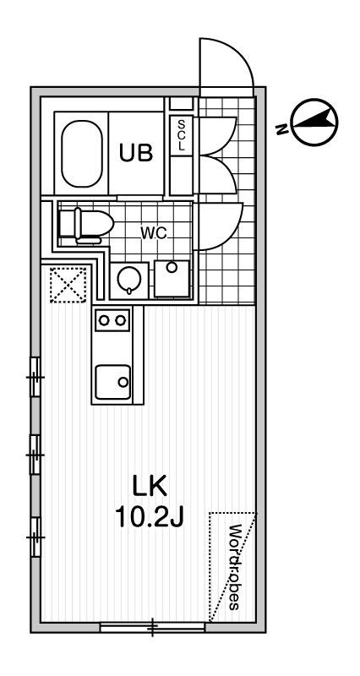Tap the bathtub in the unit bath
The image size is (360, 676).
[81, 154]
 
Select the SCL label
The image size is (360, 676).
[181, 135]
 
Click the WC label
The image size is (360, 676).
[154, 233]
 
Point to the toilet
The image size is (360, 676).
[86, 225]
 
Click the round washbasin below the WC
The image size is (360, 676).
[128, 279]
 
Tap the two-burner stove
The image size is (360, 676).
[112, 320]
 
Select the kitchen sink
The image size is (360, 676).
[112, 382]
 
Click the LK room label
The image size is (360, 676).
[150, 487]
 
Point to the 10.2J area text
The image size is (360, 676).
[150, 517]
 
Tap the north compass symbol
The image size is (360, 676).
[314, 121]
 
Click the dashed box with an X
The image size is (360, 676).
[68, 285]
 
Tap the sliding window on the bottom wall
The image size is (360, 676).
[153, 627]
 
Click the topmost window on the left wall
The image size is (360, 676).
[35, 377]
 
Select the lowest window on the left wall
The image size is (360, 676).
[35, 537]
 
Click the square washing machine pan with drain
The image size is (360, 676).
[172, 279]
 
